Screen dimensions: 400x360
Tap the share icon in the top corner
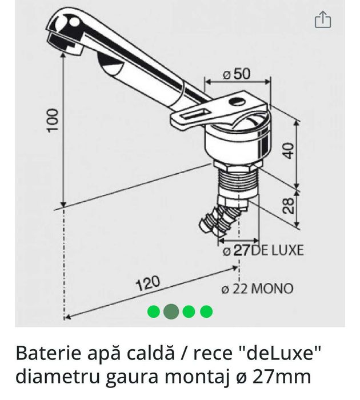323,21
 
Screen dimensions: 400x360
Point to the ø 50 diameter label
237,75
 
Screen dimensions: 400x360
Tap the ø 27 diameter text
236,250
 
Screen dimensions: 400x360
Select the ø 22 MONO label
257,288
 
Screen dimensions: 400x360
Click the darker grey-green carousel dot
171,311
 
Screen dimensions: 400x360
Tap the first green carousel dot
153,311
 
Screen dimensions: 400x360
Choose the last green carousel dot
206,311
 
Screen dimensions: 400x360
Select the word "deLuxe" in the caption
283,354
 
